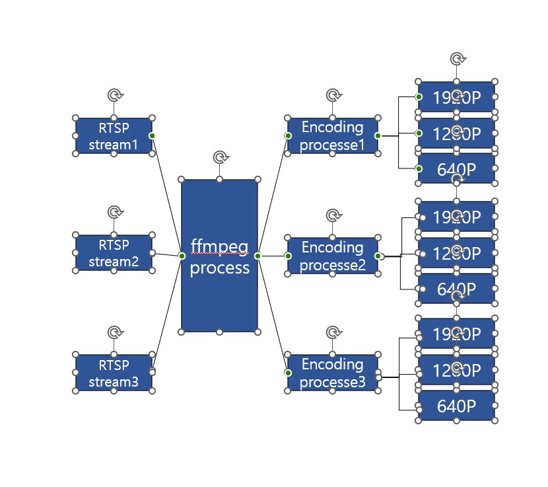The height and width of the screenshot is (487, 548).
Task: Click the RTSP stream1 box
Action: click(114, 135)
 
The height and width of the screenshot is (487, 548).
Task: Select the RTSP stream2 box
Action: click(114, 253)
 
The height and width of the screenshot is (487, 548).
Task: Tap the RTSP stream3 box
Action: click(114, 373)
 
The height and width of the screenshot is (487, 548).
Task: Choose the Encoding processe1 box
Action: click(332, 135)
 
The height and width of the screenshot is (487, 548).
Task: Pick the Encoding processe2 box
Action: click(332, 255)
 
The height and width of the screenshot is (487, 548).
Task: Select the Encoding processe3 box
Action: click(332, 373)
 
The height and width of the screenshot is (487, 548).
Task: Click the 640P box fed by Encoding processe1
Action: click(456, 169)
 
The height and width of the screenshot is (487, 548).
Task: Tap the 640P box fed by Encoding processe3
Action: click(456, 405)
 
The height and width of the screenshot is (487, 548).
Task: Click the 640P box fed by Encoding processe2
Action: click(456, 289)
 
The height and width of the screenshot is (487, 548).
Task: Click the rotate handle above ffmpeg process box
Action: click(220, 157)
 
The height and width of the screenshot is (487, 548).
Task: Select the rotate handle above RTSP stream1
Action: click(114, 95)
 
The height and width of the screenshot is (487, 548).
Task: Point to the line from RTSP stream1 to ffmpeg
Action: click(166, 195)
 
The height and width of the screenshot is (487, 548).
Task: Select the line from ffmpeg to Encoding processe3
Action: click(273, 314)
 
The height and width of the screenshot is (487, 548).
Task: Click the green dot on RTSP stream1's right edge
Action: click(152, 135)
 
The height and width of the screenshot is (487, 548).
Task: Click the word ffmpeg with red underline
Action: click(219, 246)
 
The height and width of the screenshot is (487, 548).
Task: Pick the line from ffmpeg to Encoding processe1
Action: click(273, 196)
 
